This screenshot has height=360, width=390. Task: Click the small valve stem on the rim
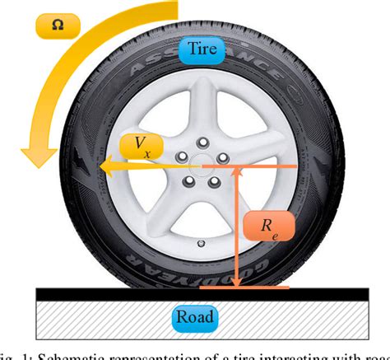(202, 243)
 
